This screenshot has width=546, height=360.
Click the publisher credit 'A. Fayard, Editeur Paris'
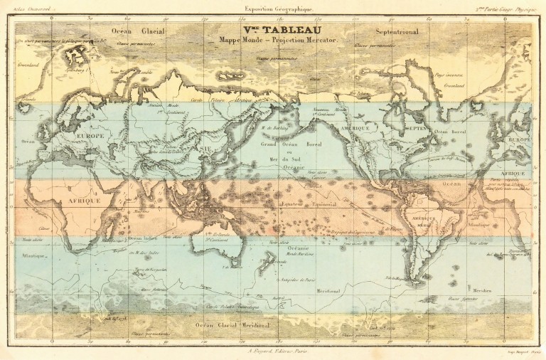pyautogui.click(x=274, y=350)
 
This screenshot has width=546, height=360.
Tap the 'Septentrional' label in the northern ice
pyautogui.click(x=397, y=31)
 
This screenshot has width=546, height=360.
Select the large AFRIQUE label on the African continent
pyautogui.click(x=80, y=201)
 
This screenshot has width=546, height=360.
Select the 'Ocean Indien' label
pyautogui.click(x=143, y=238)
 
